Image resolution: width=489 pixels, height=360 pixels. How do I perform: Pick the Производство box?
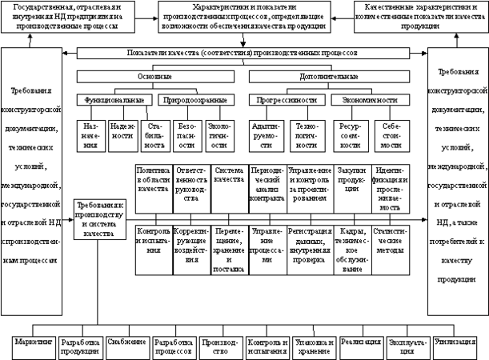pos(220,346)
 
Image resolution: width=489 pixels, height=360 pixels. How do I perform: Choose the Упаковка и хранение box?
pos(313,346)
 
